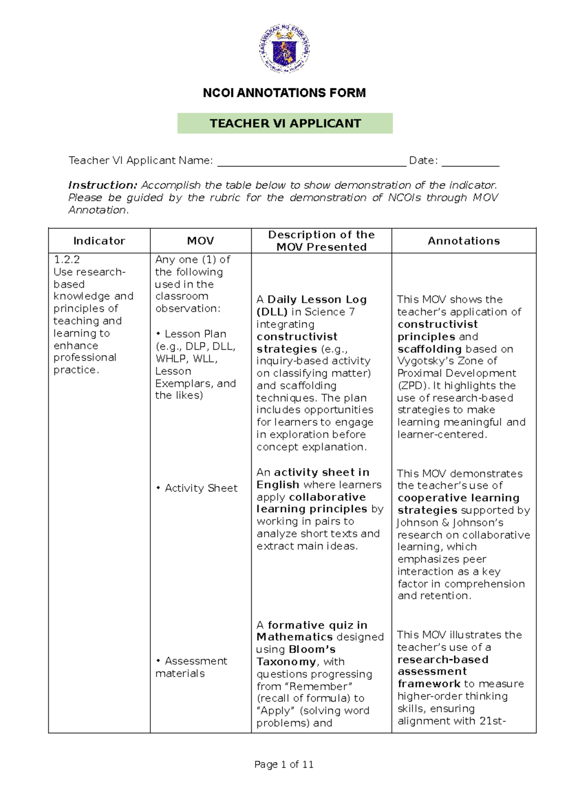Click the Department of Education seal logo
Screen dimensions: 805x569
click(x=284, y=48)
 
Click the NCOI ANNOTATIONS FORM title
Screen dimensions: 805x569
click(x=284, y=93)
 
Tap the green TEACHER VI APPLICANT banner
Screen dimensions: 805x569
click(x=285, y=123)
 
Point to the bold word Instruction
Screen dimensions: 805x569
click(x=102, y=185)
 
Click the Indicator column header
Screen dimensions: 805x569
click(x=99, y=241)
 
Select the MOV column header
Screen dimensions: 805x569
click(x=201, y=241)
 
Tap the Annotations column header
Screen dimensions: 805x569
click(x=464, y=241)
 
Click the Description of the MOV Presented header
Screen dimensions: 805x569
click(x=321, y=241)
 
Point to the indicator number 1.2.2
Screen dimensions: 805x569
click(x=67, y=260)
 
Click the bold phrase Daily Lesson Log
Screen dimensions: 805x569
click(x=317, y=300)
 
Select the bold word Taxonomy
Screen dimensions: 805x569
click(x=286, y=662)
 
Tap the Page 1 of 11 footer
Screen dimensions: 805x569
click(x=284, y=765)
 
